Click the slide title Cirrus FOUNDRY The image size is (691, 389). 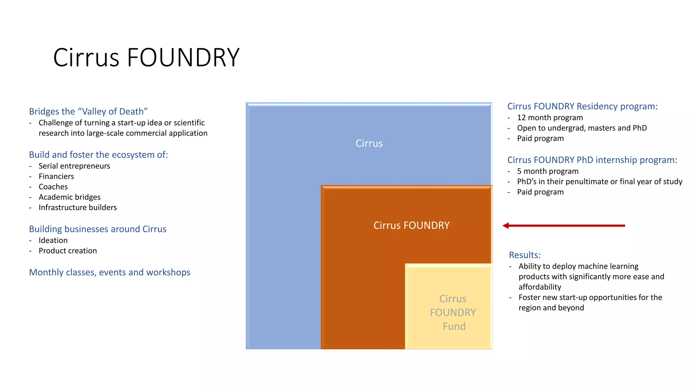click(146, 57)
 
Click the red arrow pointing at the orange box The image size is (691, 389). click(563, 226)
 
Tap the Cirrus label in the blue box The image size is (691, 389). click(369, 144)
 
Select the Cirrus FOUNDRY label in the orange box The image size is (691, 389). click(411, 226)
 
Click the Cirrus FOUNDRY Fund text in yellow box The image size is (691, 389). click(453, 313)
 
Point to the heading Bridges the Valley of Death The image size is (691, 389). click(88, 111)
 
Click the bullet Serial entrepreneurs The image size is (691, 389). click(74, 166)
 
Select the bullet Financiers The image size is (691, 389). click(56, 177)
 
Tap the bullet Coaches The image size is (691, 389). click(53, 187)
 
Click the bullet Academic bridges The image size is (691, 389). click(70, 197)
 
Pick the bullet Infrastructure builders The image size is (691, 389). click(78, 208)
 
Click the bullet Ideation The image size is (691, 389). click(53, 240)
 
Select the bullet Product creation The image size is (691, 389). click(68, 251)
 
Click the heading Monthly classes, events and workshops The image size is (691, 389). click(110, 273)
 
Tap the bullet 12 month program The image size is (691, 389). click(550, 118)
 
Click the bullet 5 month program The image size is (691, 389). click(548, 172)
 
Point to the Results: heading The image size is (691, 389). click(525, 255)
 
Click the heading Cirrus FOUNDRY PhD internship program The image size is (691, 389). click(592, 160)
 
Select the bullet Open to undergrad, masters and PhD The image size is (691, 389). click(582, 128)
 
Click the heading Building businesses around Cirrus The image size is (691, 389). click(98, 229)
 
